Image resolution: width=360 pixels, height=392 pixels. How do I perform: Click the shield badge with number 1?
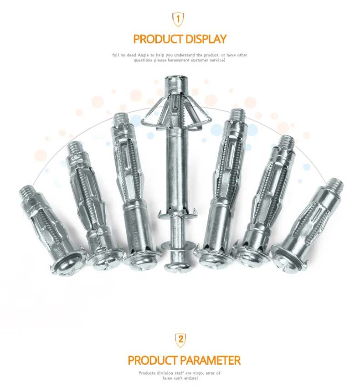pyautogui.click(x=178, y=19)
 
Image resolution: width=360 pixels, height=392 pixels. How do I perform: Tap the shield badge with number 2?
pyautogui.click(x=180, y=340)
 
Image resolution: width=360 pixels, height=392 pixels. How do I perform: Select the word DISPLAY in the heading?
pyautogui.click(x=206, y=39)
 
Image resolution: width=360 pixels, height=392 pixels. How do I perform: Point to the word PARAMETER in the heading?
pyautogui.click(x=210, y=361)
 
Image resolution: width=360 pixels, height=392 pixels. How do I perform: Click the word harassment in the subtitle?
pyautogui.click(x=179, y=60)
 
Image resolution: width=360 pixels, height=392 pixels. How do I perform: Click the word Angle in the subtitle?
pyautogui.click(x=143, y=55)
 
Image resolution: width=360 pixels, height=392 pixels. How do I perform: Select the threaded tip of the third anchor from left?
pyautogui.click(x=120, y=119)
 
